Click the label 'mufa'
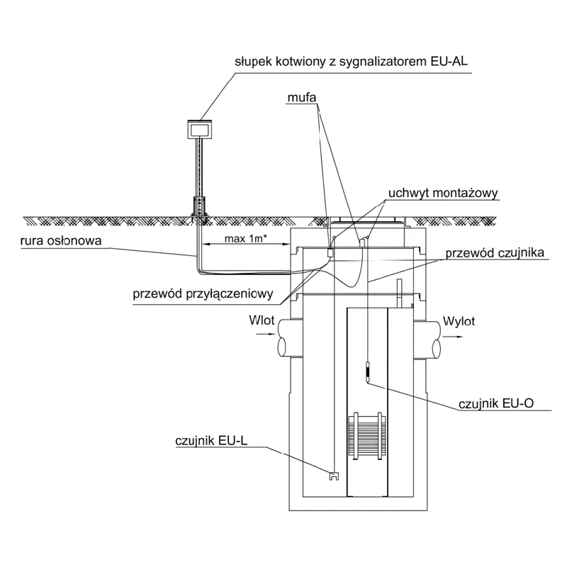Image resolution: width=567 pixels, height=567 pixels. point(302,97)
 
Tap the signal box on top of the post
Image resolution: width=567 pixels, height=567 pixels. point(200,129)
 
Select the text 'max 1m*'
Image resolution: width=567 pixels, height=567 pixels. point(246,239)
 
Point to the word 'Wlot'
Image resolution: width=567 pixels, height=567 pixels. point(262,320)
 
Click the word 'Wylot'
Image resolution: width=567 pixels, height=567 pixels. point(459,321)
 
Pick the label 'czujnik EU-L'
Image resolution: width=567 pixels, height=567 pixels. point(211,441)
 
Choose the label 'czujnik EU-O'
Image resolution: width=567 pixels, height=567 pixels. point(495,403)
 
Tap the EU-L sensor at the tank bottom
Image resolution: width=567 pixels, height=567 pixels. point(334,476)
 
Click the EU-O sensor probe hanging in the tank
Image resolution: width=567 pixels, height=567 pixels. point(367,373)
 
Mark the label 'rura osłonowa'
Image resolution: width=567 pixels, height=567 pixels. point(61,241)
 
